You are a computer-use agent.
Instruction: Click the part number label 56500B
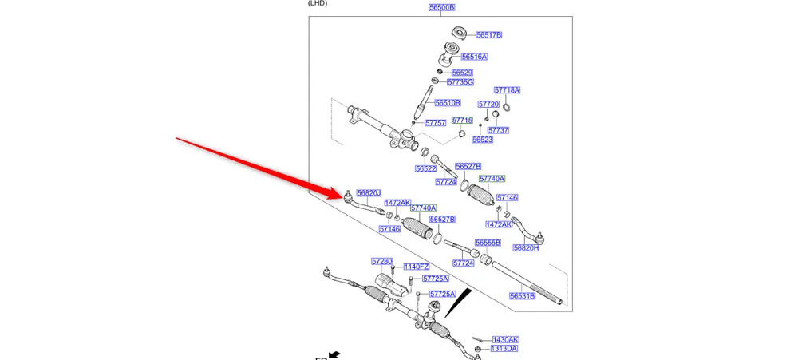441,7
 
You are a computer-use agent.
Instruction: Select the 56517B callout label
488,35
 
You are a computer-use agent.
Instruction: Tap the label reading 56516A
474,57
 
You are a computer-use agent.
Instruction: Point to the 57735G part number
460,82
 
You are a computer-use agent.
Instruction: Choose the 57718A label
507,90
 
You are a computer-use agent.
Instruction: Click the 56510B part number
447,103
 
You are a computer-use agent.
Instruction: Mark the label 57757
435,124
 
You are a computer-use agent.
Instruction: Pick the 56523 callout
482,140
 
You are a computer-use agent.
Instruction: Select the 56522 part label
425,169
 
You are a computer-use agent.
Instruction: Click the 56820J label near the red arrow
369,193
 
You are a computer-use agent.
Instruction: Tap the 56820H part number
526,248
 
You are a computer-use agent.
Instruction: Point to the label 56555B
488,243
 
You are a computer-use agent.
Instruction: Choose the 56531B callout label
522,296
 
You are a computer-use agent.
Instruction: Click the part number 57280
381,262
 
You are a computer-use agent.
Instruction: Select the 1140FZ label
416,267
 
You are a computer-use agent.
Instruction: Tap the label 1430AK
505,339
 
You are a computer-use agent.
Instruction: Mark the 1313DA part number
504,349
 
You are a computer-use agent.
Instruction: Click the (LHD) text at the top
318,3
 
